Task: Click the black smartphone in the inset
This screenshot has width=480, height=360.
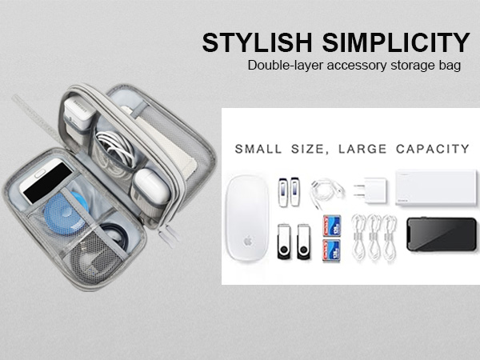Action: [x=434, y=234]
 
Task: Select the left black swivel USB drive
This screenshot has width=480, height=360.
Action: [x=282, y=241]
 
